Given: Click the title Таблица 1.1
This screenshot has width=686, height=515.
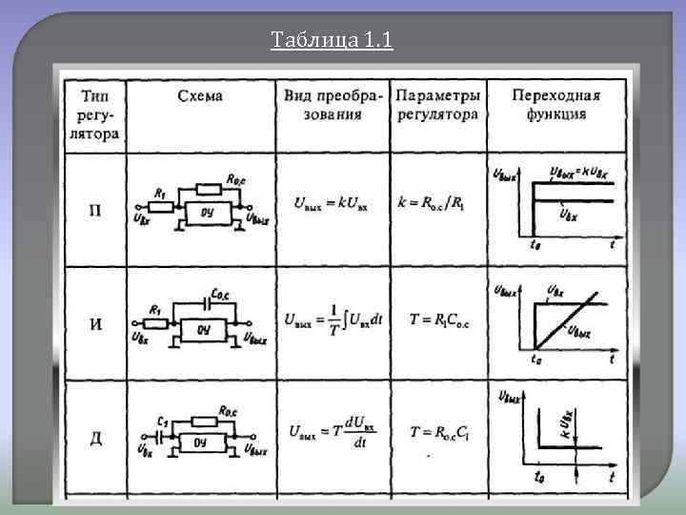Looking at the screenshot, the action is (331, 41).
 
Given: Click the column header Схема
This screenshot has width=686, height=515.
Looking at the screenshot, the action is (199, 95).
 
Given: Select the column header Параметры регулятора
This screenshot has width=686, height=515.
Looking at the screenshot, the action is (437, 105).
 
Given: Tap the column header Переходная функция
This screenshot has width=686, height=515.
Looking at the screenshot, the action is (555, 105).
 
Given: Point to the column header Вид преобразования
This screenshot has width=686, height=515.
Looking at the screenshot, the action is (333, 105).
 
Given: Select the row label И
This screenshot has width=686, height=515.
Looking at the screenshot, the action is (95, 324).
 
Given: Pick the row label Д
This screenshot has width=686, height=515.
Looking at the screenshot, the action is (95, 438).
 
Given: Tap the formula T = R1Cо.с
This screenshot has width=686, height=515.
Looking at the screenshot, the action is (437, 320).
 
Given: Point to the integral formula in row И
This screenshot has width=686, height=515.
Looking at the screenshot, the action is (332, 320).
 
